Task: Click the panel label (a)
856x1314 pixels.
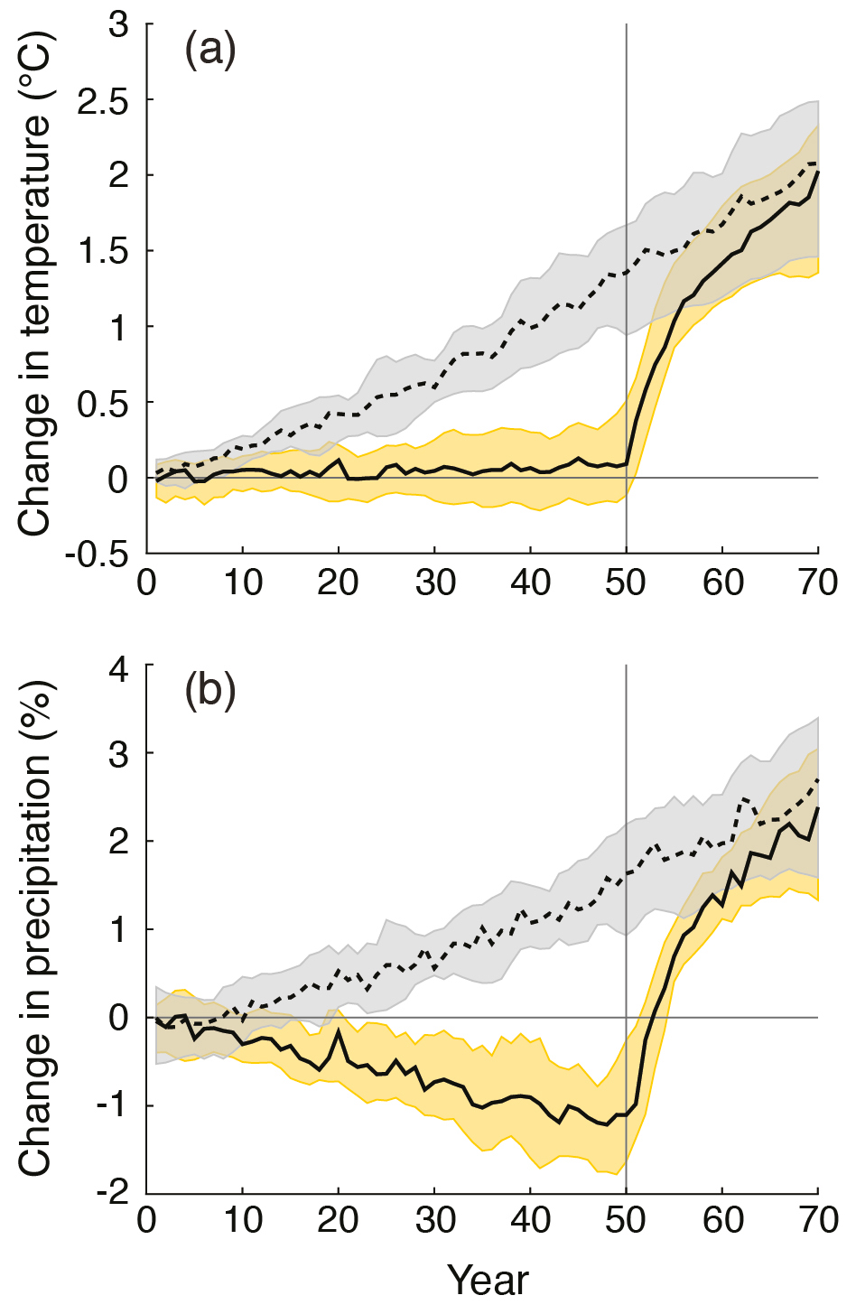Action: pos(209,50)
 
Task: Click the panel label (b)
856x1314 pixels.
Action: pos(209,692)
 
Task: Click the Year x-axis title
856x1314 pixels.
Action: pos(488,1281)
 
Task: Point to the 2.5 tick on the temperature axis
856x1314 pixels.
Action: pos(102,100)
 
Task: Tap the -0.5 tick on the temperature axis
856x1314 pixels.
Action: pos(96,554)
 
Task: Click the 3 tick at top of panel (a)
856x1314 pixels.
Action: pos(118,24)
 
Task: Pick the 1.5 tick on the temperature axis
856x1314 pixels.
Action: pos(102,251)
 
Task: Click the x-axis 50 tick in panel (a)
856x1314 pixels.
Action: pos(626,583)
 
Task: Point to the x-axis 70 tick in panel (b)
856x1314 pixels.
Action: pos(818,1221)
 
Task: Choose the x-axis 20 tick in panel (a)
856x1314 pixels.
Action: pos(338,583)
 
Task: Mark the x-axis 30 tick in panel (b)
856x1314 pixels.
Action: pos(434,1221)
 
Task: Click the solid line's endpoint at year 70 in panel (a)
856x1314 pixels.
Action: pos(818,171)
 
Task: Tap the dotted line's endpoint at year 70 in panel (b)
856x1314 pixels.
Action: pos(818,778)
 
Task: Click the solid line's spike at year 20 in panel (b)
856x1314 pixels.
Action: pos(339,1030)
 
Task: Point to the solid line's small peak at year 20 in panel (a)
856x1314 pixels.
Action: pos(339,460)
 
